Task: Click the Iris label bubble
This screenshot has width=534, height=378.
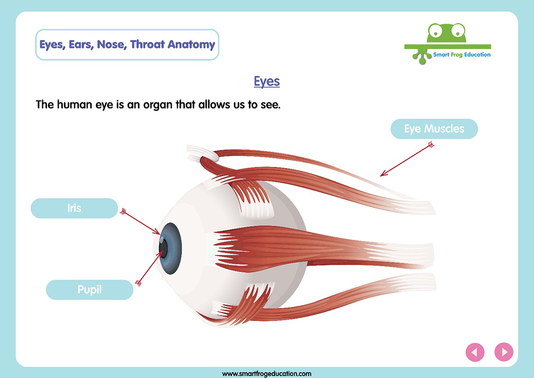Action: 74,208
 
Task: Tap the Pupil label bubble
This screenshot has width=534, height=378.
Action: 90,290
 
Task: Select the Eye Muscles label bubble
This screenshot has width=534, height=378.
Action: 434,128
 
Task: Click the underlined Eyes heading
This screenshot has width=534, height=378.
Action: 266,81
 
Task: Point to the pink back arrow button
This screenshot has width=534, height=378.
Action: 475,352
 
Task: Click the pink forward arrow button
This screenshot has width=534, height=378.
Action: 504,352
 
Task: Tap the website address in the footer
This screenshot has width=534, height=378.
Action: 266,374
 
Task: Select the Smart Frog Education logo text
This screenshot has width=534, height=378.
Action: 462,55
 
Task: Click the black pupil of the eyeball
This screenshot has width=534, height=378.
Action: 163,249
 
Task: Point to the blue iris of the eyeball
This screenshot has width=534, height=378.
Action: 171,249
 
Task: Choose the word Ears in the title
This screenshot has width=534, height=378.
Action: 81,45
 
